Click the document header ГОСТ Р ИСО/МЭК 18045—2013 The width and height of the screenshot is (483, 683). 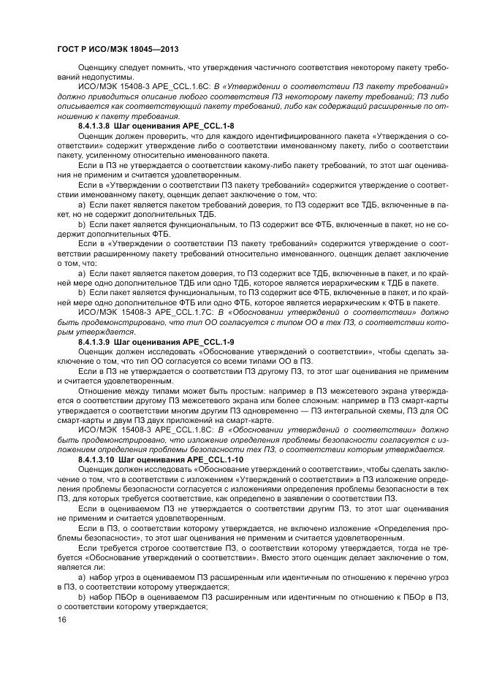pyautogui.click(x=117, y=49)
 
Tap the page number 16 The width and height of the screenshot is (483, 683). pyautogui.click(x=62, y=619)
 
